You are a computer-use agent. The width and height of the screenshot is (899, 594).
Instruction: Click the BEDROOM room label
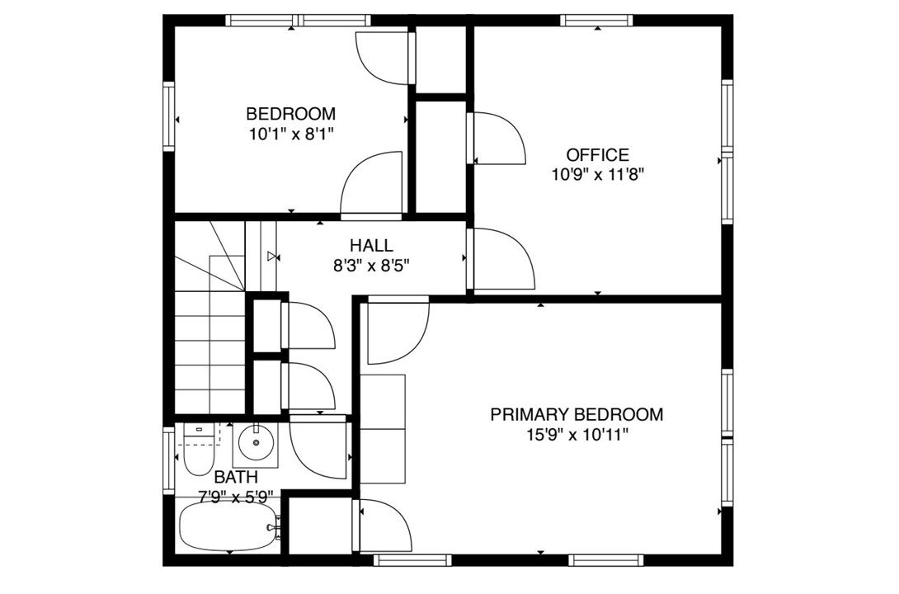(x=290, y=114)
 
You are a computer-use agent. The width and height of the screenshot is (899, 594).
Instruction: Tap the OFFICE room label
(x=597, y=154)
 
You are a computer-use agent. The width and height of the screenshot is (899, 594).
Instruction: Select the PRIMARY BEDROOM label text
(x=577, y=414)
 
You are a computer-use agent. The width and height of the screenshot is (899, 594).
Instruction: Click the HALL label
(x=371, y=245)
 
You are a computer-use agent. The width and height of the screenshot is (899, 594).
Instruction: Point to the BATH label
(x=236, y=477)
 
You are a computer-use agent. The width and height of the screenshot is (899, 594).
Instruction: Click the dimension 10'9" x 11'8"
(x=597, y=174)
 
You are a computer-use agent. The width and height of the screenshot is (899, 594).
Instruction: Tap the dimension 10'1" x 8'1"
(x=290, y=133)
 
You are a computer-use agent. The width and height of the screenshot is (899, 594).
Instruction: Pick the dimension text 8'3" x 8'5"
(x=371, y=265)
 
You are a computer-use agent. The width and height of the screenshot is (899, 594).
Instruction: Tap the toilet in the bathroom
(x=198, y=450)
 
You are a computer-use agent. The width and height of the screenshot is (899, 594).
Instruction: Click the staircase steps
(x=210, y=346)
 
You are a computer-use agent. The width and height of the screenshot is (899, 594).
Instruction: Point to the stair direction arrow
(x=271, y=257)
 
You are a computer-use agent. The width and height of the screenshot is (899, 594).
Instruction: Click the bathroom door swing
(x=318, y=450)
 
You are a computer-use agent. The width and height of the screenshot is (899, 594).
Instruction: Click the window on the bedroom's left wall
(x=169, y=115)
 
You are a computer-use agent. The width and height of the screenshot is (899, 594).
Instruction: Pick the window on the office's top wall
(x=596, y=21)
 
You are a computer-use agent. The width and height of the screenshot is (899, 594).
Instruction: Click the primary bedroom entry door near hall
(x=396, y=330)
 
